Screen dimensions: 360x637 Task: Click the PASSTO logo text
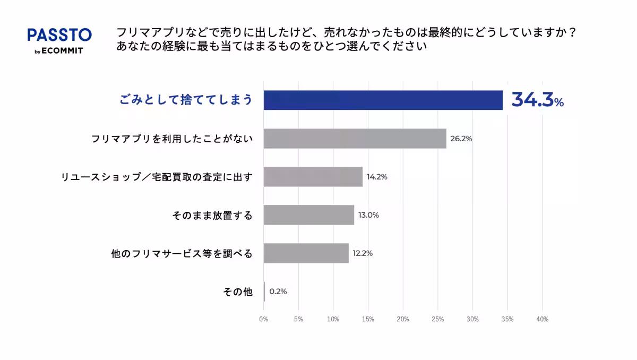click(x=59, y=35)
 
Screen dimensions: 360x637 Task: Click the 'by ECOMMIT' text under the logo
click(x=59, y=51)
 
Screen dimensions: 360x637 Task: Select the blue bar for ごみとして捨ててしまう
click(x=383, y=100)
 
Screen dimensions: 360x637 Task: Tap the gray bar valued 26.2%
click(x=355, y=139)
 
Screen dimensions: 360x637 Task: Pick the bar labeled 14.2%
click(x=313, y=177)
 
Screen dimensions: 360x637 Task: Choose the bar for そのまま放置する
click(x=308, y=215)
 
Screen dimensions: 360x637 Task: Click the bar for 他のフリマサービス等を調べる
click(x=306, y=253)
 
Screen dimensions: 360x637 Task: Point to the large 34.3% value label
click(x=537, y=100)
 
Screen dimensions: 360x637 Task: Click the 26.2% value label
click(x=461, y=139)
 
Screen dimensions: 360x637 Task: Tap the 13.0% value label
click(x=368, y=215)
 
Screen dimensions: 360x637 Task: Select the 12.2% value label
click(x=363, y=253)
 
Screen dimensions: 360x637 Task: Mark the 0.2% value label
click(x=278, y=292)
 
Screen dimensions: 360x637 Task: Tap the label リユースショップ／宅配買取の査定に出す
click(x=157, y=177)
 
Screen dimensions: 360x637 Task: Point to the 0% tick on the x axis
click(x=263, y=319)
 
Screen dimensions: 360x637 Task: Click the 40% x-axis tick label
click(x=542, y=319)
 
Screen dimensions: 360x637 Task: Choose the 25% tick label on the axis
click(x=437, y=319)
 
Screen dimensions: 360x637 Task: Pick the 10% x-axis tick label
click(x=333, y=319)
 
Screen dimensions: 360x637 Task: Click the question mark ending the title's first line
click(x=572, y=32)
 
